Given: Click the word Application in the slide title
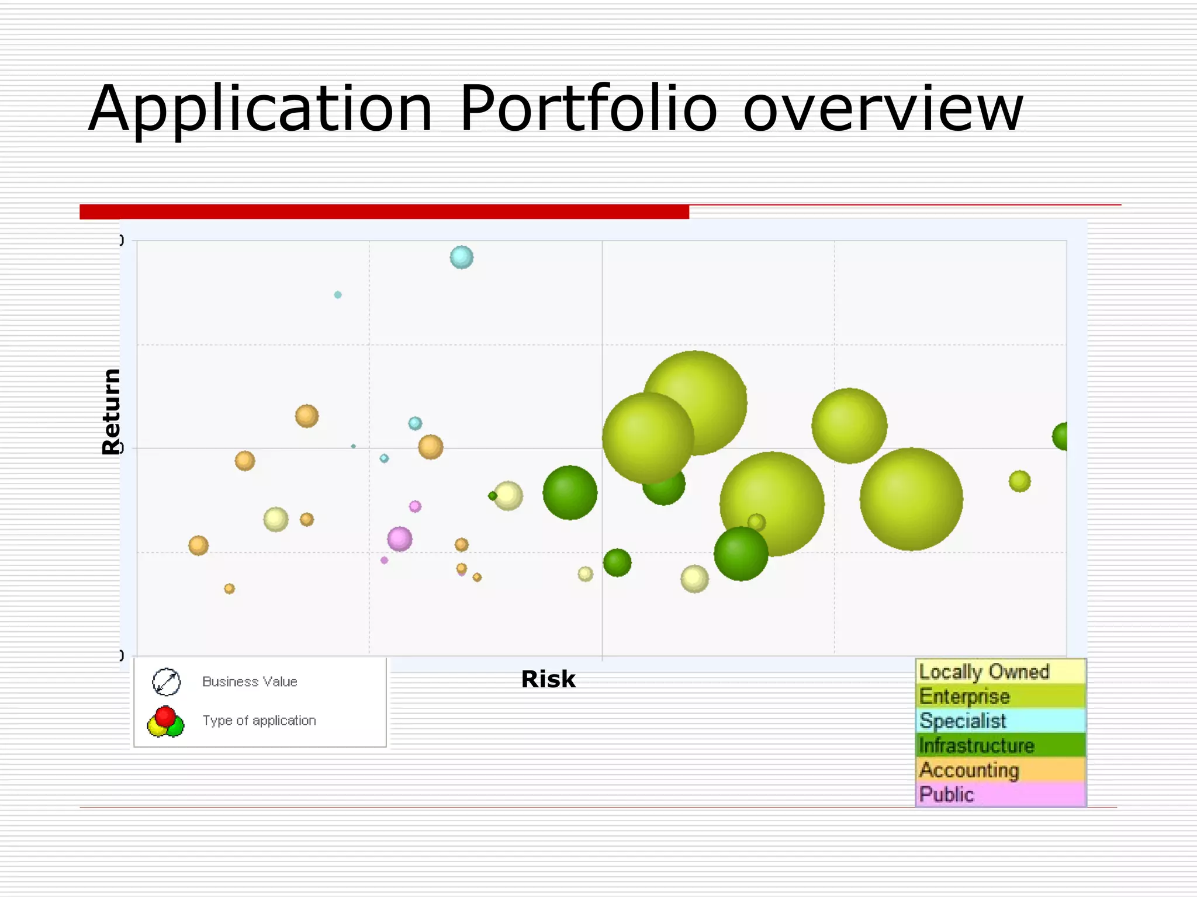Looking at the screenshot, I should tap(260, 110).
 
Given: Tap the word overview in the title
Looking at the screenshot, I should tap(883, 109).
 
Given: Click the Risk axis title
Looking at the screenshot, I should tap(548, 679).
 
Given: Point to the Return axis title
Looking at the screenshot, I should tap(111, 412).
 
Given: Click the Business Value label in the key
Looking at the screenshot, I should tap(250, 682).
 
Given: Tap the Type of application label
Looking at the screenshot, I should tap(259, 721).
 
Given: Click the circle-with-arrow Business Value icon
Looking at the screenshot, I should tap(167, 682).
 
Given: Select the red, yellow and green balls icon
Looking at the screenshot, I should tap(166, 722).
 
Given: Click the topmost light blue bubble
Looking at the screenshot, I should tap(462, 257).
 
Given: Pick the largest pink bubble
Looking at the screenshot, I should tap(400, 539).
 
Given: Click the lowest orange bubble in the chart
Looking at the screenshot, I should tap(230, 589).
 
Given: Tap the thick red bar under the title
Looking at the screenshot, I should tap(384, 211).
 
